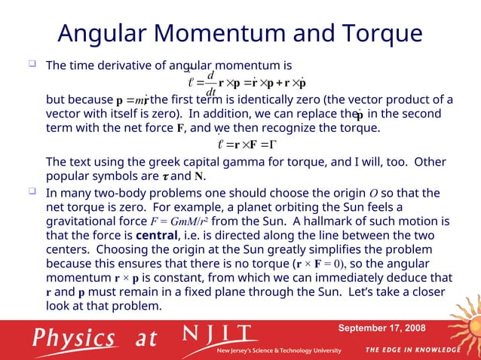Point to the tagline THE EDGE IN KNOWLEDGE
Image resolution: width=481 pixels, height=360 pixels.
pyautogui.click(x=413, y=350)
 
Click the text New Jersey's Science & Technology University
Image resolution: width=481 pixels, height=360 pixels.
pyautogui.click(x=279, y=351)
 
